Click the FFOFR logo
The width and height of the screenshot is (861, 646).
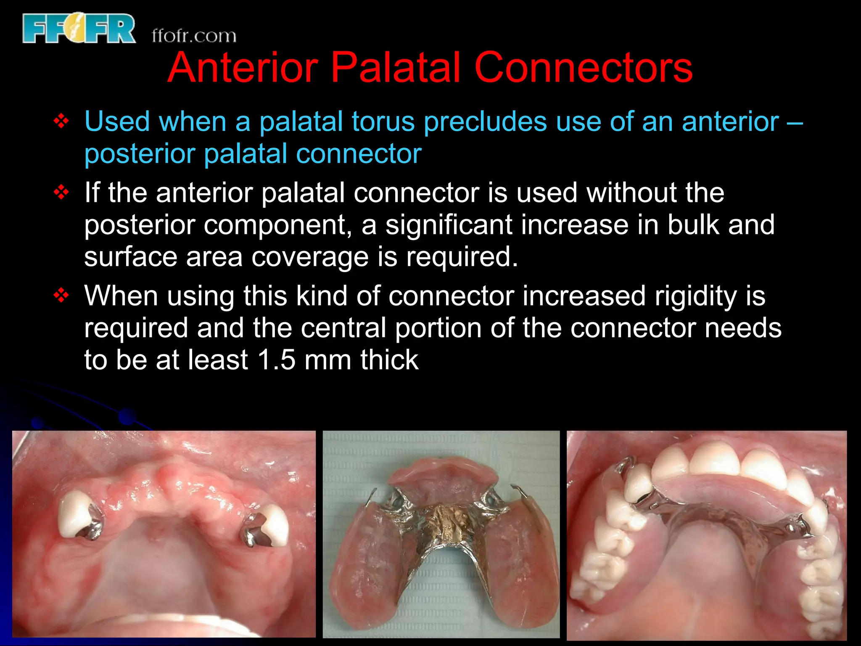79,29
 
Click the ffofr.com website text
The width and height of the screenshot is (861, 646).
194,36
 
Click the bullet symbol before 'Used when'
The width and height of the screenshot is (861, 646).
61,122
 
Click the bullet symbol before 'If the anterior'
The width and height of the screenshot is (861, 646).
61,193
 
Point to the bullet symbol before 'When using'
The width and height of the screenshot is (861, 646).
61,296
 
